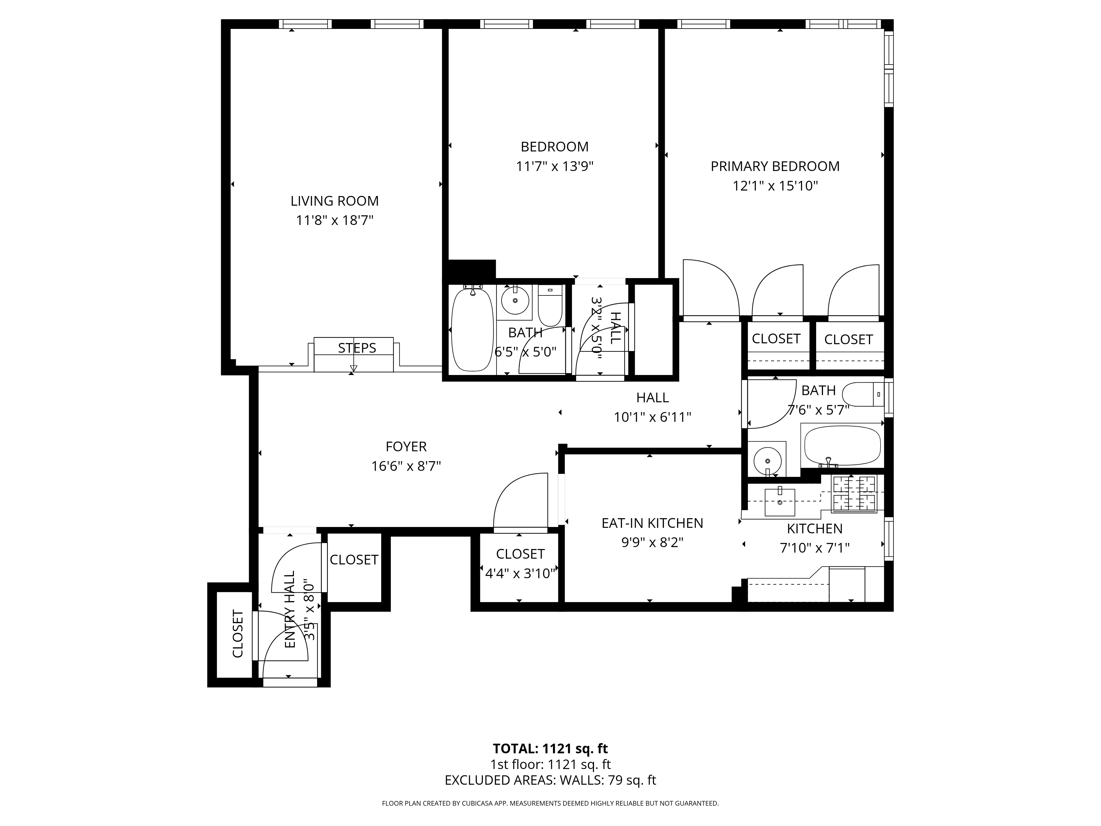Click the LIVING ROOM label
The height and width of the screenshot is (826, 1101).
pos(334,201)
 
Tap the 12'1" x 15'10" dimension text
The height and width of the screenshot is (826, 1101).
pos(775,186)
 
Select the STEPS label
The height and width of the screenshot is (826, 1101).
pos(357,348)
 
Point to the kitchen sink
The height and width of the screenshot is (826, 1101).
pos(780,502)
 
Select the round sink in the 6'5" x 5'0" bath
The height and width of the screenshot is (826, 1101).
pos(515,301)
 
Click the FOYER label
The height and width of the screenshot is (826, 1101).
pos(406,447)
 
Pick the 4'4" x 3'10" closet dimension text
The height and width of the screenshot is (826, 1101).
pos(520,574)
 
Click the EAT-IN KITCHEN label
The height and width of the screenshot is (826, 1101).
pos(652,523)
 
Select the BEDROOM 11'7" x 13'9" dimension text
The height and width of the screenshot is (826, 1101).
pos(554,166)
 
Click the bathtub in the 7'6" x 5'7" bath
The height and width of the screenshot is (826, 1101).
pos(842,445)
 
